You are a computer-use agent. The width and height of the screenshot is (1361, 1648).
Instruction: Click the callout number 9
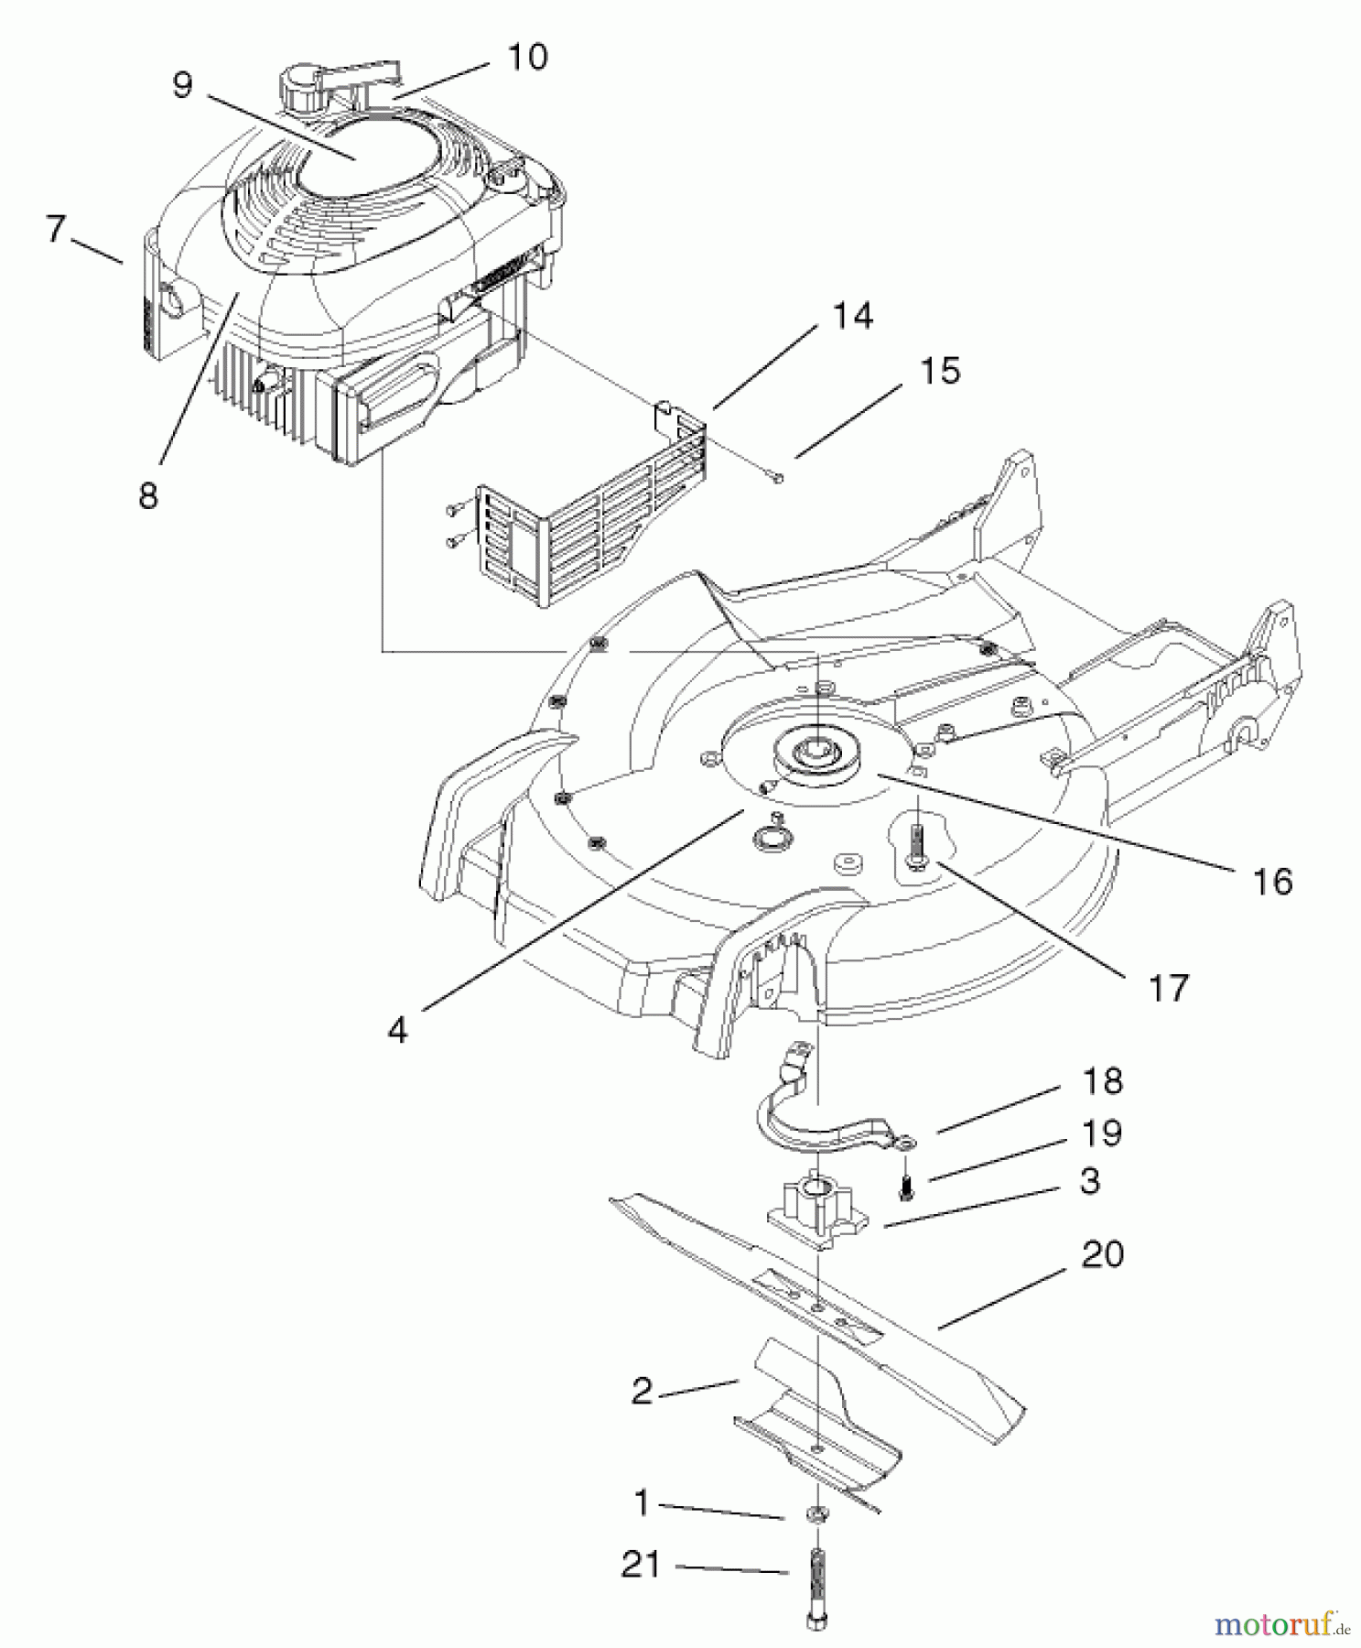click(x=182, y=86)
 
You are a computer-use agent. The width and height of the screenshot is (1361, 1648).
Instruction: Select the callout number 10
click(x=526, y=57)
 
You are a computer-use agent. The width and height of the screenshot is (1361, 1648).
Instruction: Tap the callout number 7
click(x=56, y=229)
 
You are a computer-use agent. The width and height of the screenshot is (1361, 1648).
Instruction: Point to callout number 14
click(x=852, y=316)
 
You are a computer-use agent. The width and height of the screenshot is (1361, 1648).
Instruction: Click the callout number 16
click(x=1272, y=883)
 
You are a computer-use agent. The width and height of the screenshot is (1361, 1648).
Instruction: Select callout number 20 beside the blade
click(x=1102, y=1253)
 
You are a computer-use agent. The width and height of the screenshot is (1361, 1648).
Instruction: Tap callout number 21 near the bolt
click(x=641, y=1564)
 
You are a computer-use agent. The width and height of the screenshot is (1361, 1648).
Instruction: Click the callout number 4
click(x=397, y=1030)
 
